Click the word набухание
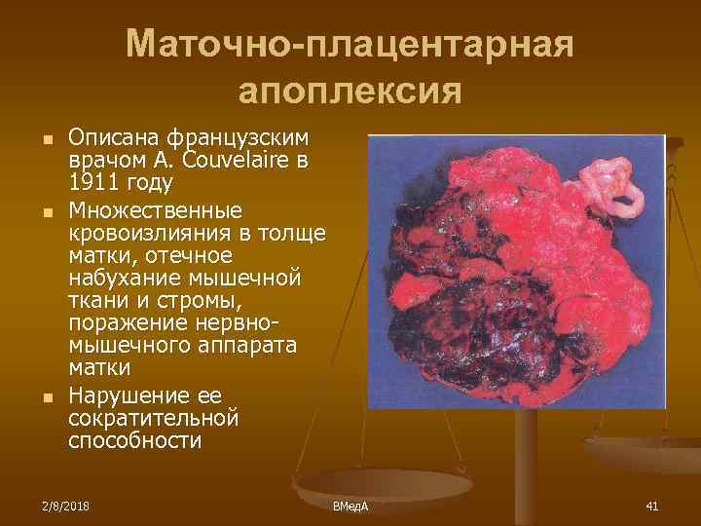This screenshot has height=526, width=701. click(127, 278)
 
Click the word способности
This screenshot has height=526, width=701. click(134, 441)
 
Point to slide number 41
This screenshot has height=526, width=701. click(651, 506)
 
